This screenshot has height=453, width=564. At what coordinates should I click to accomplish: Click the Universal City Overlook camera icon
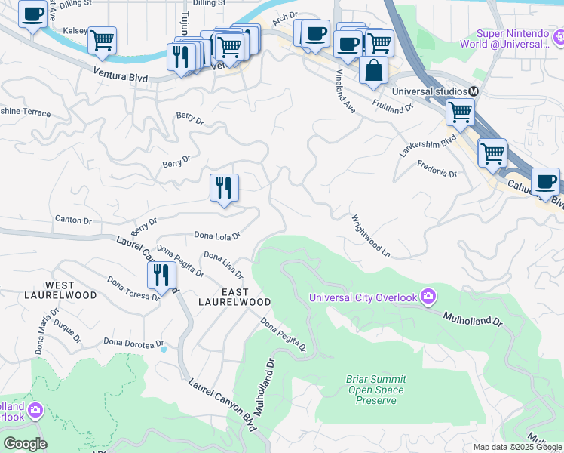pos(428,297)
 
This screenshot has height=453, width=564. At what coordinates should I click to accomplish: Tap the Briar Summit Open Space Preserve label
pos(375,390)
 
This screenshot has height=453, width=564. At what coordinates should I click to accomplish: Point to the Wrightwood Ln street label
pos(370,234)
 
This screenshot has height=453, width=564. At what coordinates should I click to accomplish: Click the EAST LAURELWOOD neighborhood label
pos(234,296)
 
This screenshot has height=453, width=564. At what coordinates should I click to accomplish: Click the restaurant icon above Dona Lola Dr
pos(224,187)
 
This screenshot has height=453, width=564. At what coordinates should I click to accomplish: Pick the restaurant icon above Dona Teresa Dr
pos(161,275)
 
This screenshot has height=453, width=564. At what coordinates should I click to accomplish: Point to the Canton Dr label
pos(73,220)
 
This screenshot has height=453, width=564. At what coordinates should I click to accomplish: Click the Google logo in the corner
pos(25,444)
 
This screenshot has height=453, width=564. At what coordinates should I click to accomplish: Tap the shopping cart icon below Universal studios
pos(460,112)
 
